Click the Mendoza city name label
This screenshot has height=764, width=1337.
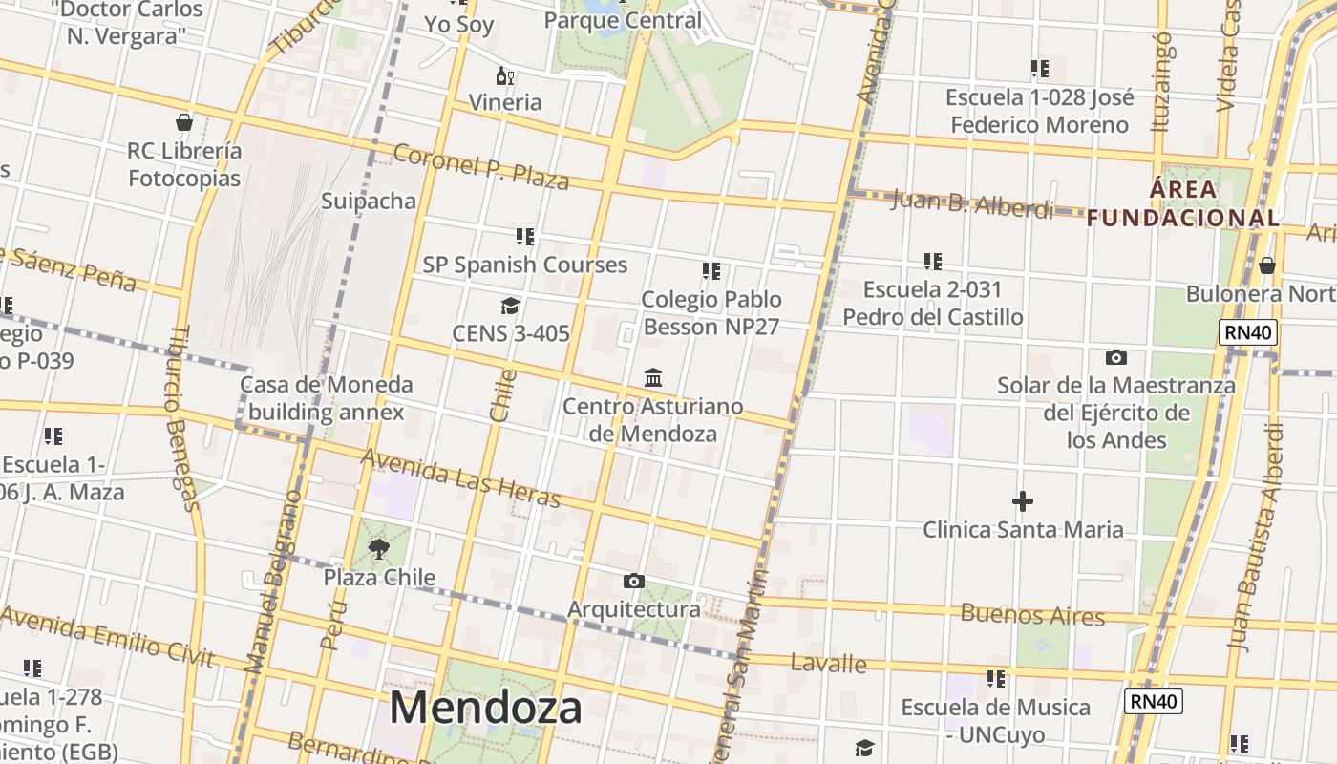[x=485, y=709]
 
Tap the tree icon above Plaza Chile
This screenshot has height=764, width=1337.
[x=379, y=549]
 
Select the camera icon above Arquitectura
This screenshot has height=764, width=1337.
[x=633, y=581]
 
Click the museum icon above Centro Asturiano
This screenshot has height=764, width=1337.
[x=653, y=378]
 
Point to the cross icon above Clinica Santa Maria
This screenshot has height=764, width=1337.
[x=1022, y=500]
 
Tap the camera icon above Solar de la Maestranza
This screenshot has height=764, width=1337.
[x=1115, y=358]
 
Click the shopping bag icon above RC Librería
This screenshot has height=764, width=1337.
[x=184, y=122]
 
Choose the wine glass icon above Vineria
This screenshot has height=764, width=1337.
[x=504, y=75]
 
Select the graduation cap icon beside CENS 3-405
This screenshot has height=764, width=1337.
[x=510, y=306]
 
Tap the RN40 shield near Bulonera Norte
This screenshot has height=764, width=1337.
[x=1247, y=332]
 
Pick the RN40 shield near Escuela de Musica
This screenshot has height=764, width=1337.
[x=1153, y=701]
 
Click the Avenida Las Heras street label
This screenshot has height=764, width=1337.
[x=460, y=477]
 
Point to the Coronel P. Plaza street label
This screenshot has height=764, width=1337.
[x=481, y=167]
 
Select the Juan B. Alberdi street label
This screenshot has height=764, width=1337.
[x=971, y=203]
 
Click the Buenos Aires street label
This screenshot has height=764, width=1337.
[x=1032, y=614]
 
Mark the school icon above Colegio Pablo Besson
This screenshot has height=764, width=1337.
[x=711, y=271]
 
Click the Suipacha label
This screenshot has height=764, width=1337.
[x=369, y=201]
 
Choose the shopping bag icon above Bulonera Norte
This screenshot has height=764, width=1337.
[x=1266, y=265]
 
